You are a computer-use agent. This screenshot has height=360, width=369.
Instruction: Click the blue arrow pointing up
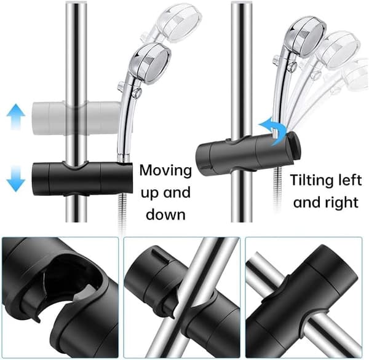coord(16,116)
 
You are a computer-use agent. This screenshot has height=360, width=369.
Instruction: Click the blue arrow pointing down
coord(16,178)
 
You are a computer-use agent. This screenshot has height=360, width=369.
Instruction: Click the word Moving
coord(165,171)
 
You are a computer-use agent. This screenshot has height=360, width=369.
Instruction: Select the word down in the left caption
coord(165,214)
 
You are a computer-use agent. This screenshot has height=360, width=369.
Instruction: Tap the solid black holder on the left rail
coord(82,179)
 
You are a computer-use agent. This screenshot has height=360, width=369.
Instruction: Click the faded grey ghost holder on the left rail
coord(76,119)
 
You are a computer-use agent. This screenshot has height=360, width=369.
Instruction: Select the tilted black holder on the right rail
coord(248,153)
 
